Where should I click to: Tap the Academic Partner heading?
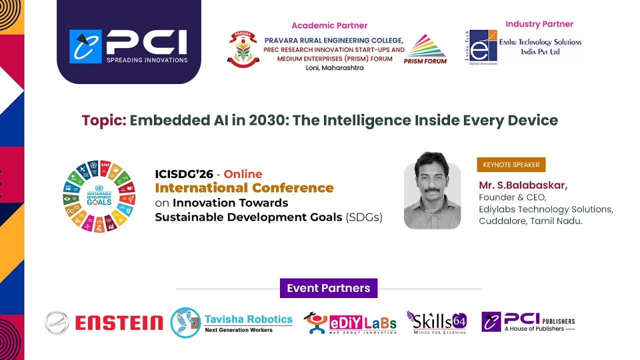pos(329,25)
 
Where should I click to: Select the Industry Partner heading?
pos(539,24)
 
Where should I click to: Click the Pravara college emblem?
pos(243,49)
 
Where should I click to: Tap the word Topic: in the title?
pos(104,120)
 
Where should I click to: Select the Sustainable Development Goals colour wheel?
pos(99,196)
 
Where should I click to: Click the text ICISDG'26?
pos(184,174)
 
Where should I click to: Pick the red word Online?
pos(243,174)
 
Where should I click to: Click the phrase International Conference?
pos(244,188)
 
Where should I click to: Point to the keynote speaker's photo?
pos(432,190)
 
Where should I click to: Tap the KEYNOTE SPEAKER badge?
pos(511,164)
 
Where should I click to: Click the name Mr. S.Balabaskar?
pos(523,185)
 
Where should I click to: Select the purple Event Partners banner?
pos(328,288)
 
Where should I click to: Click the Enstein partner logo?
pos(104,322)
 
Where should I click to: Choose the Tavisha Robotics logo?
pos(231,322)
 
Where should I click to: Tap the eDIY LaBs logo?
pos(350,322)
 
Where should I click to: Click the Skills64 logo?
pos(436,322)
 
